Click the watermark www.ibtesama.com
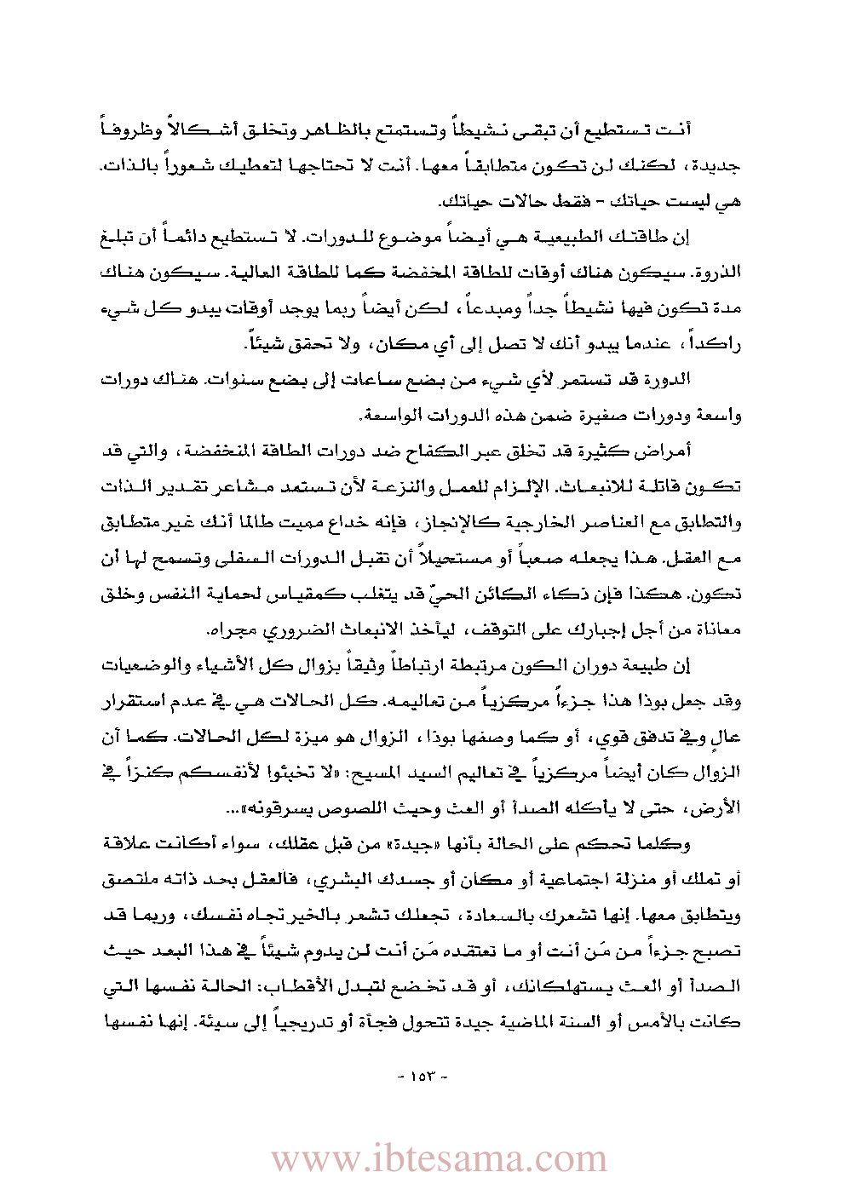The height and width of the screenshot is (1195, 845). [439, 1159]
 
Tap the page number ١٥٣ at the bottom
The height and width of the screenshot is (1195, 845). [422, 1076]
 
